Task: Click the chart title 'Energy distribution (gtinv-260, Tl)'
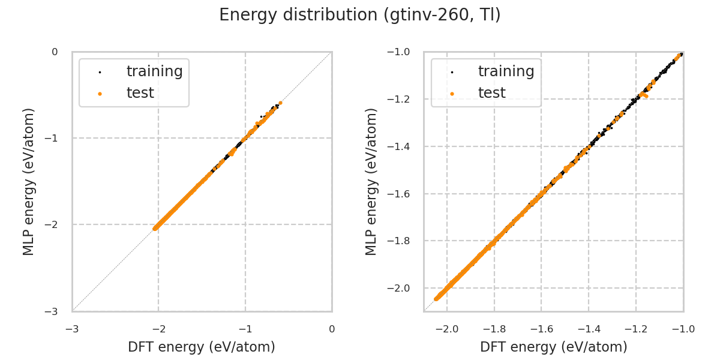tap(360, 15)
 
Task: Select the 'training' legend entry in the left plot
tap(154, 71)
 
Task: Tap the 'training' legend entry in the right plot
tap(506, 71)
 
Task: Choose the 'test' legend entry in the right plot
tap(491, 93)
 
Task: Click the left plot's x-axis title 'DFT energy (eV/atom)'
tap(202, 347)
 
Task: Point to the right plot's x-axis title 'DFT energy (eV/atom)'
tap(553, 347)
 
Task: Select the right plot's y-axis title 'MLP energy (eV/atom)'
tap(372, 181)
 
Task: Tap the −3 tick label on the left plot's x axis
tap(72, 329)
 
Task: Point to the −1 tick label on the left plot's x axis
tap(245, 329)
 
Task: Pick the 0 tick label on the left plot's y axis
tap(55, 52)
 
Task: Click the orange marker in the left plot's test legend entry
tap(100, 94)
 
